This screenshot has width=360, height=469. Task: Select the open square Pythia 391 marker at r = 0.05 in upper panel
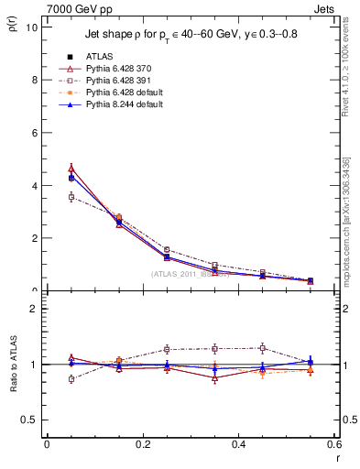click(71, 197)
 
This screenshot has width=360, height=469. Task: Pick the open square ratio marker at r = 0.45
click(263, 348)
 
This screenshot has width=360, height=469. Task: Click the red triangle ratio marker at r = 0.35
click(215, 377)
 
